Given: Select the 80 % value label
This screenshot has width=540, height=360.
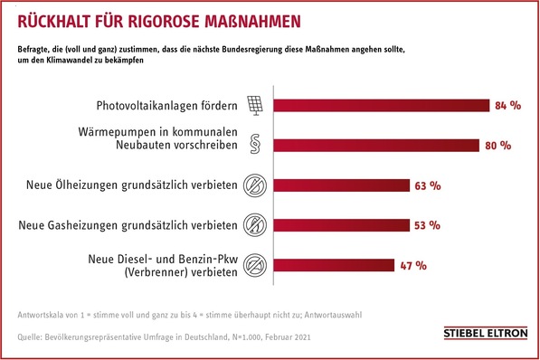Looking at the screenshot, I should click(x=498, y=146).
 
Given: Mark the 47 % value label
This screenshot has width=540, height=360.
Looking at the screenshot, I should click(x=412, y=265).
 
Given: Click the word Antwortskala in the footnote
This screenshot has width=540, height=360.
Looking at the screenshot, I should click(x=42, y=315).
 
